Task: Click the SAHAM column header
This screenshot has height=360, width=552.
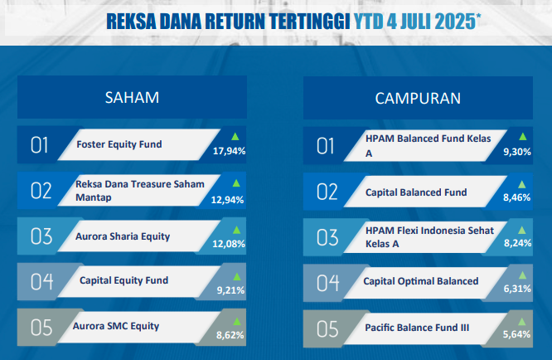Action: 132,98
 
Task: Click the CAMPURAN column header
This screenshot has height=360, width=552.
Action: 418,98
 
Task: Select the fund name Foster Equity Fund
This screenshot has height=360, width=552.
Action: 119,144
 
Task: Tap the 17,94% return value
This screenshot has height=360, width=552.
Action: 230,151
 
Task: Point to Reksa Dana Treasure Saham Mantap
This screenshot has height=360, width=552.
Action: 140,191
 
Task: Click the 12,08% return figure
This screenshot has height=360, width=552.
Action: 229,244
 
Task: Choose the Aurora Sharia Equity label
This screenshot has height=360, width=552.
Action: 123,236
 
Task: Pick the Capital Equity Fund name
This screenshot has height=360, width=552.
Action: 124,280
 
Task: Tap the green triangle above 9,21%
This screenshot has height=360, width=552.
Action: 237,277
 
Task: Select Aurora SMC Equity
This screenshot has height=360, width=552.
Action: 116,326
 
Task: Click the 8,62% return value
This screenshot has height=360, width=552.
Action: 230,335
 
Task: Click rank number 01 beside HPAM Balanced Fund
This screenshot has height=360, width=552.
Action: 325,146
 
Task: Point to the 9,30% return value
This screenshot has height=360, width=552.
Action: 517,152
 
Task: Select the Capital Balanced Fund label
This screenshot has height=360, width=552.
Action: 416,192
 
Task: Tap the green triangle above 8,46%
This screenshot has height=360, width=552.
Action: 521,185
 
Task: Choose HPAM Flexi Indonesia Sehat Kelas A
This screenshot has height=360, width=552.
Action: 429,237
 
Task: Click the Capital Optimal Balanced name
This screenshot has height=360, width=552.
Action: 421,281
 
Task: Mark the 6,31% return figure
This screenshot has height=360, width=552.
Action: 517,289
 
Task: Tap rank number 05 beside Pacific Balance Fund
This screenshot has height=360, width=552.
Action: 327,329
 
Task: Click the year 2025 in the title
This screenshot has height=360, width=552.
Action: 455,22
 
